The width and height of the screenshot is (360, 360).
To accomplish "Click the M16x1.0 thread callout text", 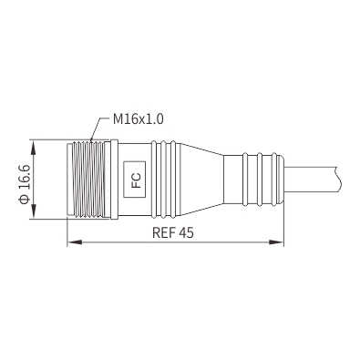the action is [x=139, y=118].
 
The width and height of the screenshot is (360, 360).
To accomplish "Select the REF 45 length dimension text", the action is [x=173, y=232].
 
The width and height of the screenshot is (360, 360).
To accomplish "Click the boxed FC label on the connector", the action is [x=134, y=179].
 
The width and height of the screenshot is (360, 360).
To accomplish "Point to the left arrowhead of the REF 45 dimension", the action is [x=75, y=242].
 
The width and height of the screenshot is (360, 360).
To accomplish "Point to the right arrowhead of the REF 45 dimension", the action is [x=276, y=242].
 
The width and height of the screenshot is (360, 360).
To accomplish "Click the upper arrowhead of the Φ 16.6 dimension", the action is [x=34, y=148].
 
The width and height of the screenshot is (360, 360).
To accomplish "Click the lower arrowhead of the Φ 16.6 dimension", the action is [x=34, y=211].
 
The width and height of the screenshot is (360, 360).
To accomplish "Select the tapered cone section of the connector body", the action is [x=201, y=180].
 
